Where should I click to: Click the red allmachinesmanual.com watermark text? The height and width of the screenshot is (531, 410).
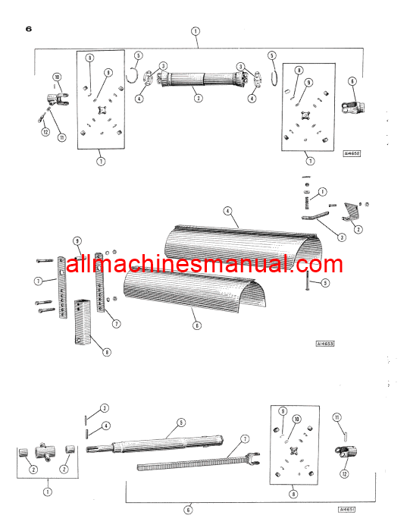click(205, 265)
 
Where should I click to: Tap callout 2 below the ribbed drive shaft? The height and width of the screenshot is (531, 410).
click(198, 98)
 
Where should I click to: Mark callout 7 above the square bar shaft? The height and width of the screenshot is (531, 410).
click(245, 439)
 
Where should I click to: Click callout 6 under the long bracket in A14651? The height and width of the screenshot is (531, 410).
click(189, 507)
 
